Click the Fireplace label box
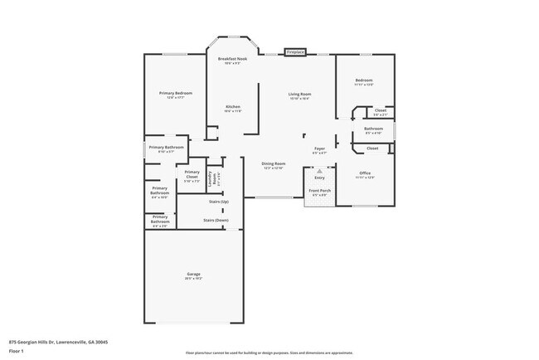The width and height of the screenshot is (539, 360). tap(296, 52)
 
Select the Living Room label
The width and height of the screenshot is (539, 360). tap(299, 95)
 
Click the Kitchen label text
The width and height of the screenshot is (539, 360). tap(234, 107)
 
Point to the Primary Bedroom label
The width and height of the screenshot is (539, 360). tap(176, 93)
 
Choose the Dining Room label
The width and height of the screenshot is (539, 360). tap(274, 164)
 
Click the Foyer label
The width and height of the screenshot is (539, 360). tap(319, 149)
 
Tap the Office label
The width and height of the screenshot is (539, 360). tap(365, 173)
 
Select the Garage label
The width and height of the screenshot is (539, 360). tap(194, 275)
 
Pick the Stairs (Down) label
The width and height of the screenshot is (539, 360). tap(216, 220)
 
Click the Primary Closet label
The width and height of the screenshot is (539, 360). tap(192, 174)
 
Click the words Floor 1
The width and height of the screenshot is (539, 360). tap(16, 350)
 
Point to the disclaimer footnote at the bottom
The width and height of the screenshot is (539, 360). tap(269, 353)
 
